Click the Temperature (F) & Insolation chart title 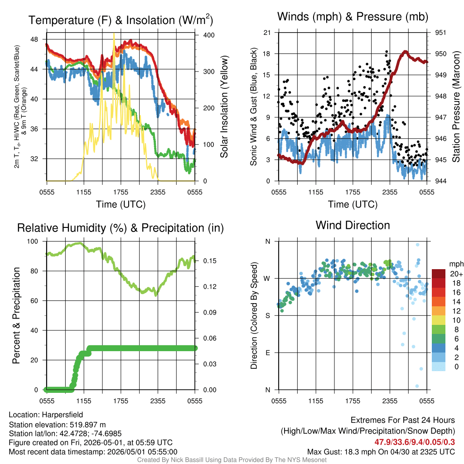(121, 20)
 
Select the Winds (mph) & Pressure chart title (353, 17)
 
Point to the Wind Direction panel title (353, 225)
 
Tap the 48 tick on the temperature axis (34, 39)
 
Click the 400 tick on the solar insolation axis (209, 35)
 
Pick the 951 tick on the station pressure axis (440, 33)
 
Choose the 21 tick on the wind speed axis (267, 33)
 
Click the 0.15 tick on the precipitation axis (210, 261)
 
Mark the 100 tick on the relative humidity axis (33, 241)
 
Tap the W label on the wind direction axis (267, 279)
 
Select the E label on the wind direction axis (268, 353)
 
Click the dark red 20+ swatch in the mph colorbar (439, 274)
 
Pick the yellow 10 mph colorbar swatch (439, 320)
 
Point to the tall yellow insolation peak (114, 34)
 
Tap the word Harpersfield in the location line (63, 415)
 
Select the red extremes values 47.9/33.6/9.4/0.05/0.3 (415, 442)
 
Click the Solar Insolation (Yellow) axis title (224, 106)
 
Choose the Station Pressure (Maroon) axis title (456, 106)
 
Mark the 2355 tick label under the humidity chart (158, 401)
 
